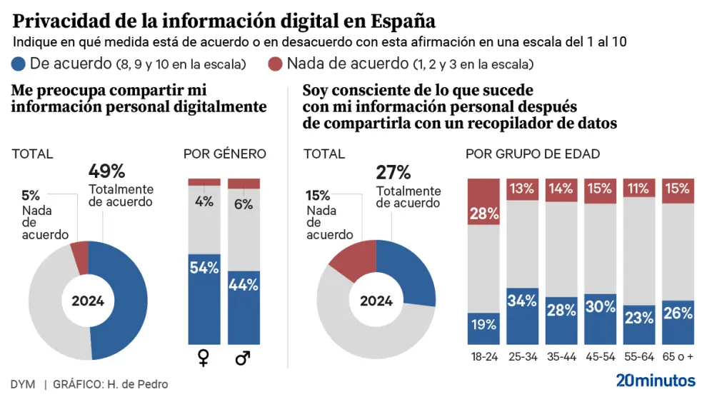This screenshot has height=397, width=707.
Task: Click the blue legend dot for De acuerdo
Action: [x=19, y=64]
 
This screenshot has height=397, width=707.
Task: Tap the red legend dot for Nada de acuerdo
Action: [x=275, y=64]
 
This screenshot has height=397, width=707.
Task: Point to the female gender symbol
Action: [x=204, y=358]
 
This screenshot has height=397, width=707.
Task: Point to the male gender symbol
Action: [x=244, y=358]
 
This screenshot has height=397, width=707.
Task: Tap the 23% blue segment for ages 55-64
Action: [x=638, y=326]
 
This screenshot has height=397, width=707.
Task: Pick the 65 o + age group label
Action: [x=677, y=357]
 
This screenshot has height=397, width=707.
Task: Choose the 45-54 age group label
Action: [x=600, y=357]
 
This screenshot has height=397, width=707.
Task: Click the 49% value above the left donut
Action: [x=107, y=171]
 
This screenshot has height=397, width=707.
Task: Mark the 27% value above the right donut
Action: [x=393, y=172]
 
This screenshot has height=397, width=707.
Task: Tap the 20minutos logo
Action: [x=656, y=379]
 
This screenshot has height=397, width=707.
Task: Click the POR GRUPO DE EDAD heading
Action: [x=533, y=154]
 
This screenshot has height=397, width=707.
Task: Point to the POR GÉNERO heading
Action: [x=224, y=154]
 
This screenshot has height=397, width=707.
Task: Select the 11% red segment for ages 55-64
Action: [x=638, y=189]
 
